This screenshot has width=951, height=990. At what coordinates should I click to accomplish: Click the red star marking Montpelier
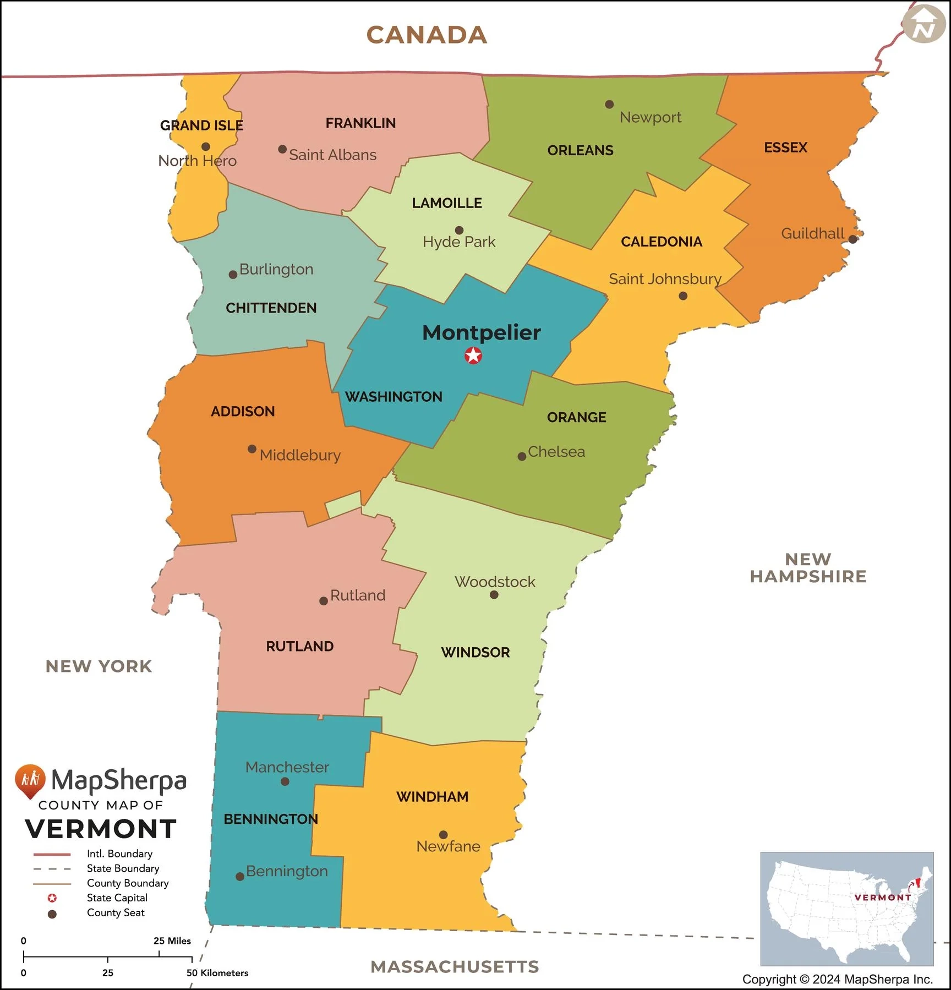(x=473, y=355)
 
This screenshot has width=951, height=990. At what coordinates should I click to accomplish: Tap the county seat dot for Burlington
(x=233, y=274)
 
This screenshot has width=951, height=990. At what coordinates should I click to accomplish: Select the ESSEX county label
(x=785, y=147)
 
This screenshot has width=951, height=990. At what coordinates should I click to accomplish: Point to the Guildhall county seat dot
(x=852, y=239)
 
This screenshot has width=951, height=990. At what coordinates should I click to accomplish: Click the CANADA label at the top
(x=427, y=35)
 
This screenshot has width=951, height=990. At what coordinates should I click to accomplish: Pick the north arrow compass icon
(x=923, y=24)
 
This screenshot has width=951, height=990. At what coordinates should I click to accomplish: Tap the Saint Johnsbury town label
(x=664, y=279)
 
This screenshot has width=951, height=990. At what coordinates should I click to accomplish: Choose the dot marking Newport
(x=609, y=104)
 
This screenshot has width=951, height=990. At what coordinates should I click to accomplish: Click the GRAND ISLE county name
(x=201, y=125)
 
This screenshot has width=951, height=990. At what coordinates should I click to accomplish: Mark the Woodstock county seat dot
(x=494, y=595)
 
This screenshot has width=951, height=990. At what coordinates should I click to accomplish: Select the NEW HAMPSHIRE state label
(x=808, y=568)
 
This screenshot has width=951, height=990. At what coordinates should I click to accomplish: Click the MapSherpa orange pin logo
(x=30, y=780)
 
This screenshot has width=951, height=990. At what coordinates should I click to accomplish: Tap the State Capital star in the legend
(x=52, y=898)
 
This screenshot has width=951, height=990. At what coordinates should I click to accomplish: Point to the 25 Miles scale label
(x=172, y=940)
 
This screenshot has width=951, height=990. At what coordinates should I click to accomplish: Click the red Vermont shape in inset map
(x=917, y=883)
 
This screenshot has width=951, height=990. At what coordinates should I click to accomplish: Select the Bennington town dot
(x=240, y=876)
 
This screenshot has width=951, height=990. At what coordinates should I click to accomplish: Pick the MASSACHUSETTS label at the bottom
(x=455, y=966)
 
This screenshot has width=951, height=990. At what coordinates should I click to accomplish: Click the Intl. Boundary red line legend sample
(x=52, y=854)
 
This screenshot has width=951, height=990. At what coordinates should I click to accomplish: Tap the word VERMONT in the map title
(x=101, y=829)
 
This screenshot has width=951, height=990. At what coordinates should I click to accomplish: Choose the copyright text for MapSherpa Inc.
(x=837, y=979)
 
